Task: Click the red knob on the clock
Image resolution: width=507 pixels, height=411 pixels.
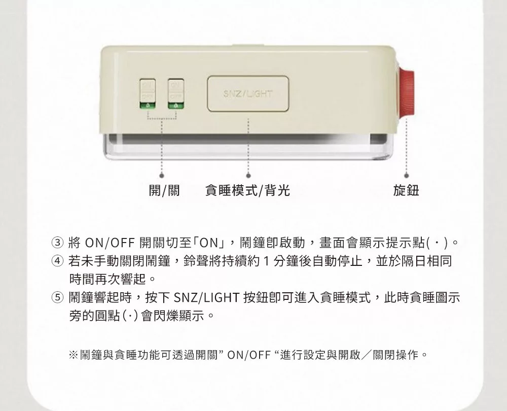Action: point(407,91)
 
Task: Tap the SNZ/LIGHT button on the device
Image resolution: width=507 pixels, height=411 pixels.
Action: point(248,93)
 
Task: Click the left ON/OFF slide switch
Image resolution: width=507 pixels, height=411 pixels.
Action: point(148,93)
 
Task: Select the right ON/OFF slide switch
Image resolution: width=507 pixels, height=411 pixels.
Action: point(176,93)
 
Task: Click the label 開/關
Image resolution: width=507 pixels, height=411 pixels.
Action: point(164,190)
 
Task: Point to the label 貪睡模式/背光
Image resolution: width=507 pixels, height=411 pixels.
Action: point(248,190)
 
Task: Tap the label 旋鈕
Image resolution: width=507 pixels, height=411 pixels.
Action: point(406,190)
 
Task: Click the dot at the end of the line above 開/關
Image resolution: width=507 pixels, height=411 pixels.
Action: point(162,176)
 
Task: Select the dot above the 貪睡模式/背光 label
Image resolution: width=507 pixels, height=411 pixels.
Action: point(248,176)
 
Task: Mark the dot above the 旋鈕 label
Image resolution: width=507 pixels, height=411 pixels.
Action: point(407,176)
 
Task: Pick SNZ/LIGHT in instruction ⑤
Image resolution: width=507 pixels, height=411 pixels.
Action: point(206,297)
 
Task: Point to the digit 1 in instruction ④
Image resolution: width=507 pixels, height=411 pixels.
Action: point(267,261)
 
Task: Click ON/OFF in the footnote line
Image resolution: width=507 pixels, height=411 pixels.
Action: point(248,355)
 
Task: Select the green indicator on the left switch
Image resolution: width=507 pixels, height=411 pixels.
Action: point(148,105)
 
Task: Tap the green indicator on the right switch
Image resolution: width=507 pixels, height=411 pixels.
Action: point(176,105)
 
